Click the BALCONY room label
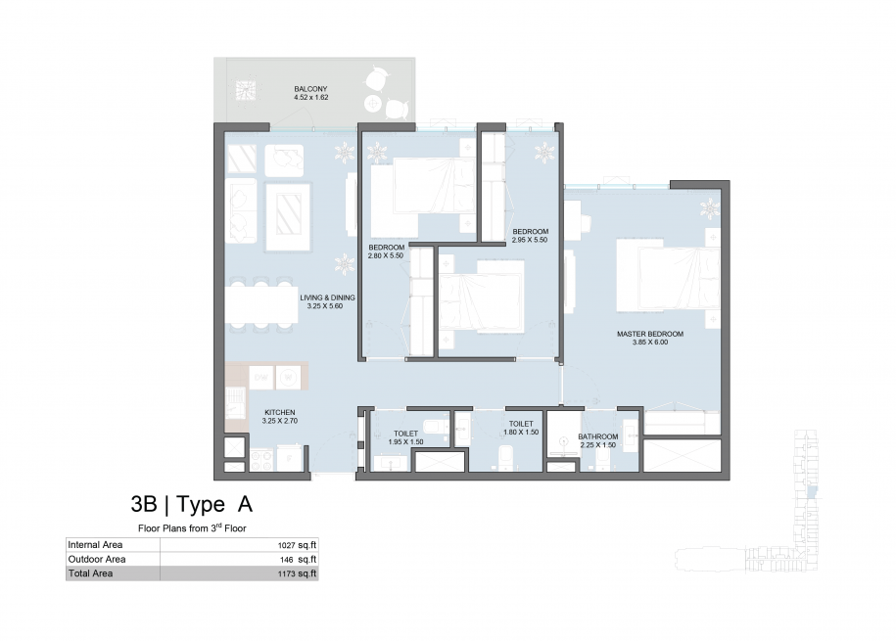[x=310, y=89]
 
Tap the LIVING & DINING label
[x=327, y=298]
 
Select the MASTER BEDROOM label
[x=650, y=334]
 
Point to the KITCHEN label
[x=280, y=412]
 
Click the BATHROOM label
[x=597, y=436]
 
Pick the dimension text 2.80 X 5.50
[x=386, y=255]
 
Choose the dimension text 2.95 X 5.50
[x=530, y=240]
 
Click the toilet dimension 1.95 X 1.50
[x=405, y=442]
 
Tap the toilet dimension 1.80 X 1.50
[x=521, y=432]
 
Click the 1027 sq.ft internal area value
[x=297, y=545]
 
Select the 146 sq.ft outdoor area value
[x=299, y=560]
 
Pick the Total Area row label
[x=90, y=573]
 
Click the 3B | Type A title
[x=191, y=504]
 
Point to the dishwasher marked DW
[x=261, y=378]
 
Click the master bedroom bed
[x=669, y=276]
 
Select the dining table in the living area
[x=261, y=304]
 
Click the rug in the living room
[x=288, y=216]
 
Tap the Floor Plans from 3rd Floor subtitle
[x=192, y=528]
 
